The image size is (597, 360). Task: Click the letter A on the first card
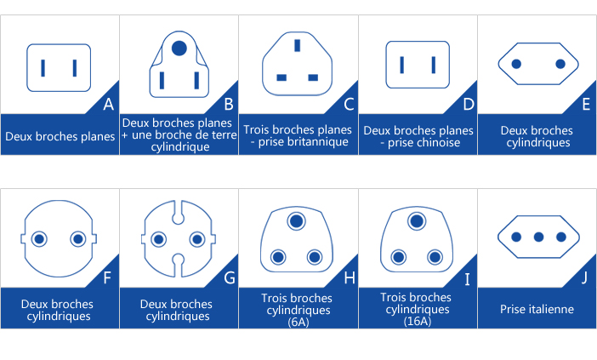point(108,105)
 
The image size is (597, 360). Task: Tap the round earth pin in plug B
point(179,49)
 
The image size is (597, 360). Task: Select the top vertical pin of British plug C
point(297,45)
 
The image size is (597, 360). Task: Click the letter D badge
point(467,105)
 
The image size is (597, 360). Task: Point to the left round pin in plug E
point(515,64)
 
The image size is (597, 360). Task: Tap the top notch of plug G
point(179,207)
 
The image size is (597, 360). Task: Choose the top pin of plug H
point(297,222)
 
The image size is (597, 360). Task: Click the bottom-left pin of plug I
point(397,256)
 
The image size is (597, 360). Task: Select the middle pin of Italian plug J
point(537,237)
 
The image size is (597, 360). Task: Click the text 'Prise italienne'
point(537,310)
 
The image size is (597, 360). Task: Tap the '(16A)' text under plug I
point(418,321)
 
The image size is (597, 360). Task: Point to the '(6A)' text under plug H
point(298,323)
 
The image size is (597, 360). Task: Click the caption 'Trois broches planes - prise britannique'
point(298,135)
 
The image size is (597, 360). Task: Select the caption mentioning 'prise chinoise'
point(418,136)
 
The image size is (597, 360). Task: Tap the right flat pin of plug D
point(434,65)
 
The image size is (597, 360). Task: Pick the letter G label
point(228,277)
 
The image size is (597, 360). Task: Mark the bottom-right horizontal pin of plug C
point(313,77)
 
